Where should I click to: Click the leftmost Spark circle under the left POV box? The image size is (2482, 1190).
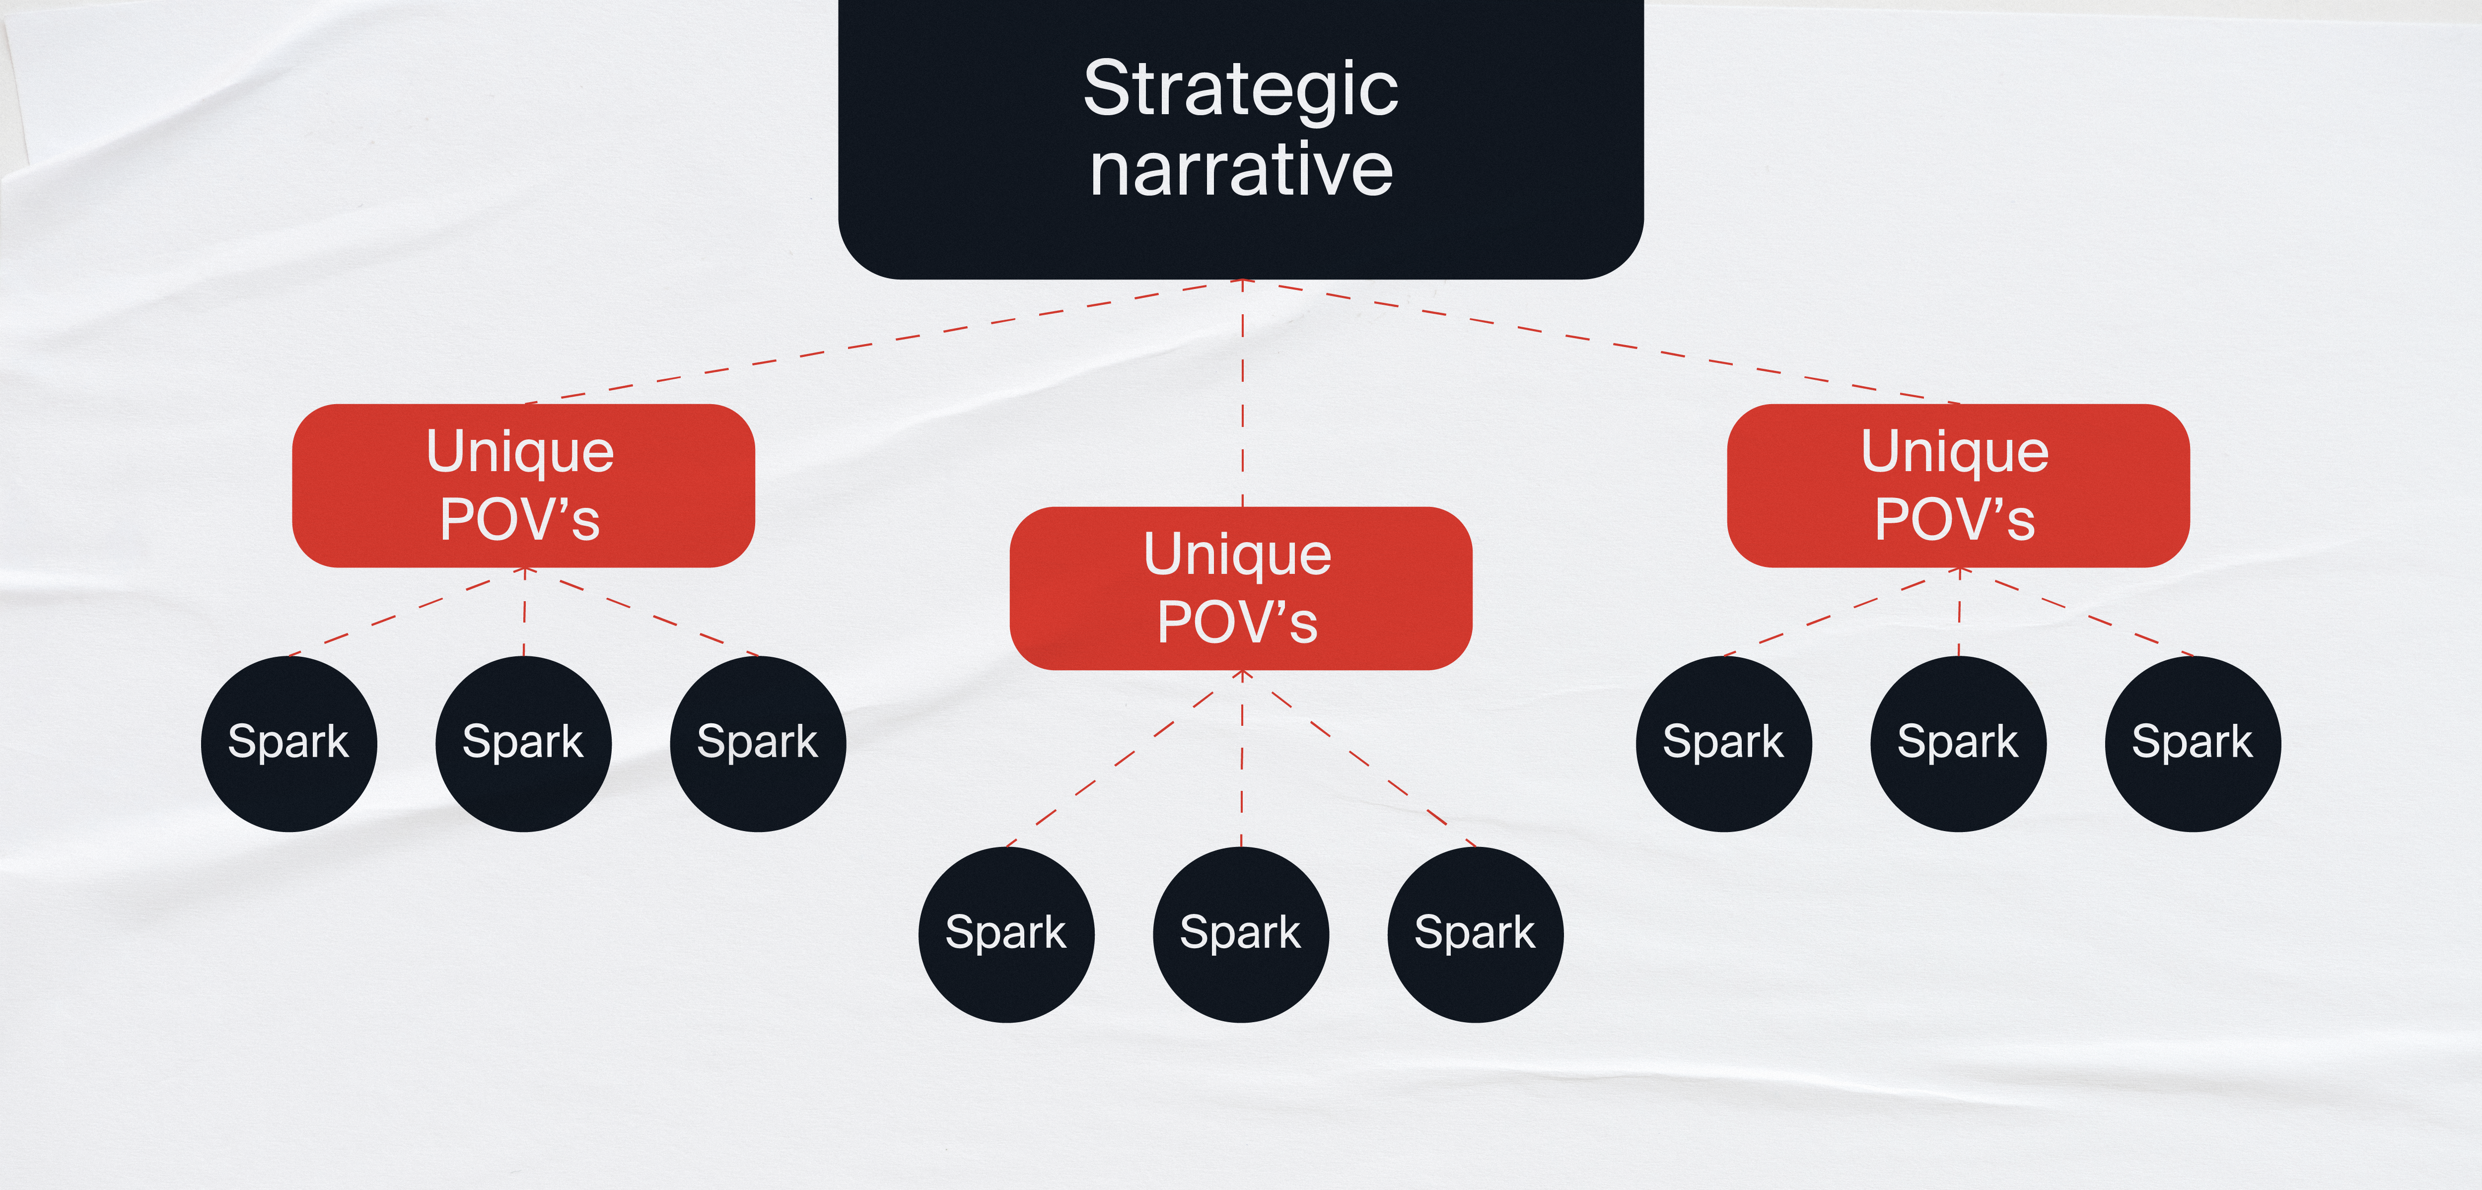tap(288, 743)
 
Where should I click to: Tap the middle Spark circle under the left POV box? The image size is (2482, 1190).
tap(523, 743)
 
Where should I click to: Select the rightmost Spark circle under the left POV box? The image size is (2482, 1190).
tap(757, 743)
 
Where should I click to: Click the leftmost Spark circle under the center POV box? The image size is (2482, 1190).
tap(1006, 934)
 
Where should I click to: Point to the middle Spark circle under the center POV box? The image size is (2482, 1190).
tap(1241, 934)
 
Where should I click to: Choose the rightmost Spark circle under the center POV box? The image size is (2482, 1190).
tap(1475, 934)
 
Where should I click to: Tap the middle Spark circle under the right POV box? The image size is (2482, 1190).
tap(1958, 743)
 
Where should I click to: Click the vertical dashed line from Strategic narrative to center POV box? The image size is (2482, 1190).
tap(1242, 395)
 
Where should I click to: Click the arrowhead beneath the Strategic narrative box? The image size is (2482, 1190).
tap(1242, 283)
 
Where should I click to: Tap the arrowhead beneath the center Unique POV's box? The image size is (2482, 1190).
tap(1242, 675)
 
